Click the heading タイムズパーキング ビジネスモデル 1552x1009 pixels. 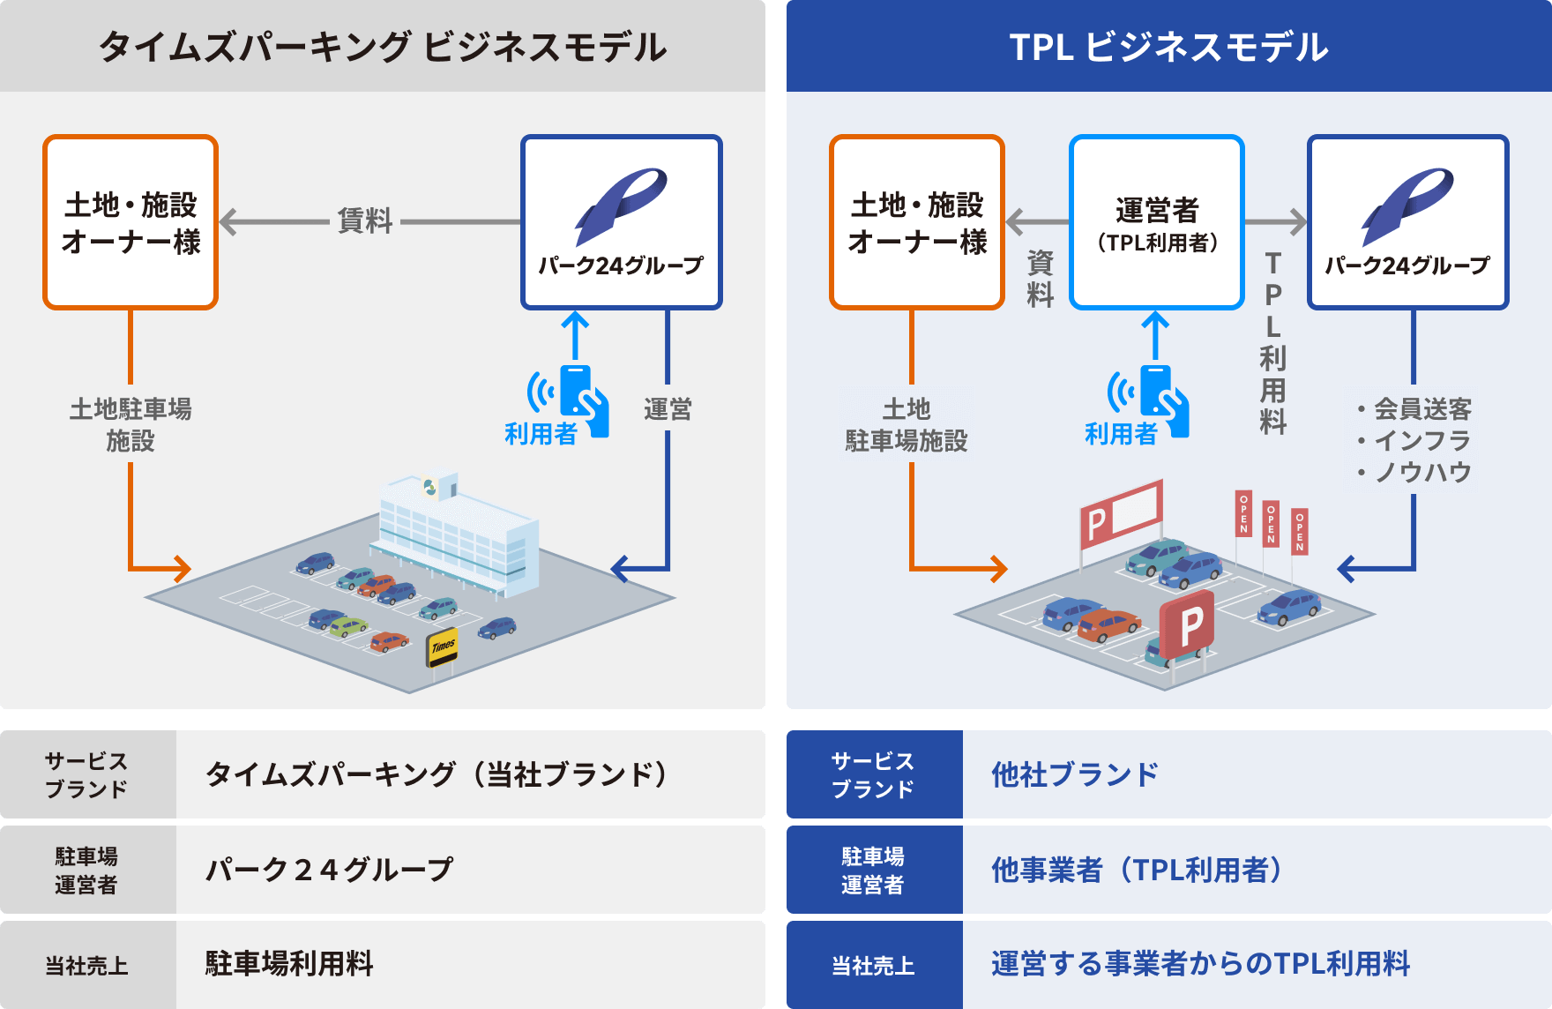pyautogui.click(x=382, y=47)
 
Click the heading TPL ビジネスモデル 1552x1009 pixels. pyautogui.click(x=1168, y=47)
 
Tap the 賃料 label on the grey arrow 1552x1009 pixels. pyautogui.click(x=364, y=220)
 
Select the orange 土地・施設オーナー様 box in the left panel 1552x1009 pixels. pyautogui.click(x=131, y=222)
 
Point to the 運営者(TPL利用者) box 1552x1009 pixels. pyautogui.click(x=1156, y=222)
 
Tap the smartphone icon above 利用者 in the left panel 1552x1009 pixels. pyautogui.click(x=577, y=392)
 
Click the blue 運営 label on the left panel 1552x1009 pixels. pyautogui.click(x=668, y=409)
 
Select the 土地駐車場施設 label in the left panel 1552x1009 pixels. pyautogui.click(x=131, y=424)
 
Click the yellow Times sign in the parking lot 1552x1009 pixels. pyautogui.click(x=443, y=647)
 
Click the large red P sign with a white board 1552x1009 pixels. pyautogui.click(x=1121, y=514)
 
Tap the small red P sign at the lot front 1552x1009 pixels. pyautogui.click(x=1188, y=625)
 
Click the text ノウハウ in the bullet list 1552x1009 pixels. pyautogui.click(x=1422, y=472)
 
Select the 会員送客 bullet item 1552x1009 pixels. pyautogui.click(x=1421, y=408)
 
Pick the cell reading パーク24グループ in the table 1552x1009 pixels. pyautogui.click(x=329, y=870)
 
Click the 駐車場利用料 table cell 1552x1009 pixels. pyautogui.click(x=289, y=964)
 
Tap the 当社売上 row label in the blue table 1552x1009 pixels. pyautogui.click(x=873, y=966)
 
